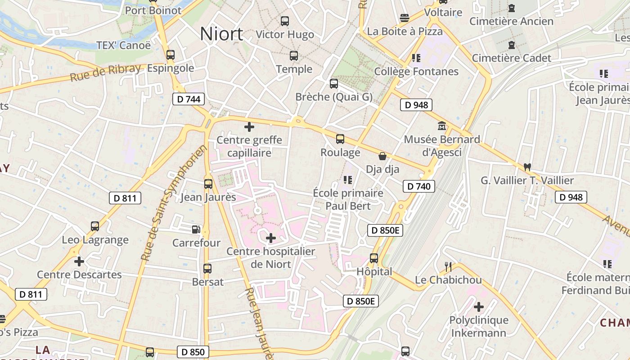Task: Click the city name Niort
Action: click(x=221, y=34)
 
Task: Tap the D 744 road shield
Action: click(x=189, y=99)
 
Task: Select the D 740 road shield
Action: click(x=418, y=186)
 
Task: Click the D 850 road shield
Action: click(x=193, y=352)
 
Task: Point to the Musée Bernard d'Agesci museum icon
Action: click(x=441, y=126)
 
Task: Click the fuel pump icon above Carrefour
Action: click(x=196, y=229)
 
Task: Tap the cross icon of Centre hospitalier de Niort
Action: click(x=271, y=238)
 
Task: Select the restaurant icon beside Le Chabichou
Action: click(x=448, y=267)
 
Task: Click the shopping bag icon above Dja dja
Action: click(x=382, y=156)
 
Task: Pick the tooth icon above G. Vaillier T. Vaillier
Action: click(x=527, y=167)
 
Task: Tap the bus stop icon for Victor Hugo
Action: click(x=285, y=21)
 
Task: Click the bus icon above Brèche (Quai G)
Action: click(x=334, y=83)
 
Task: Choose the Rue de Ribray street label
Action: click(x=105, y=73)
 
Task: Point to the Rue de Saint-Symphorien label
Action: click(x=173, y=203)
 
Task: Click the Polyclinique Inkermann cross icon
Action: click(x=479, y=307)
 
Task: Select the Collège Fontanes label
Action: click(x=416, y=72)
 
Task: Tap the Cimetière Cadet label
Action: click(x=511, y=58)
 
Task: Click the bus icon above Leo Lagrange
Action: click(x=95, y=226)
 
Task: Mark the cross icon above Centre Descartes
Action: click(x=79, y=261)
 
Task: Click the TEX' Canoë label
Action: click(x=124, y=45)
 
